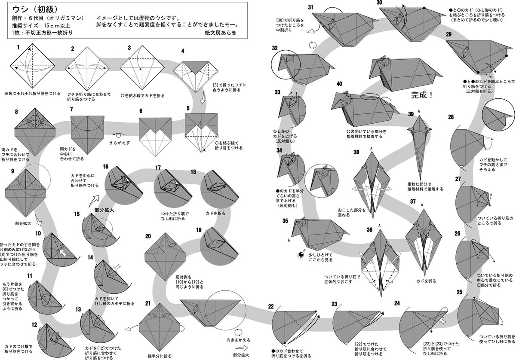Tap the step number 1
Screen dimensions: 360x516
click(x=18, y=47)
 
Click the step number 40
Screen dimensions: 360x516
click(x=339, y=84)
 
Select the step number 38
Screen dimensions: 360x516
click(x=356, y=152)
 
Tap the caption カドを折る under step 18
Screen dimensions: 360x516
click(x=216, y=213)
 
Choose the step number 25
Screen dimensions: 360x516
click(x=460, y=293)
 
